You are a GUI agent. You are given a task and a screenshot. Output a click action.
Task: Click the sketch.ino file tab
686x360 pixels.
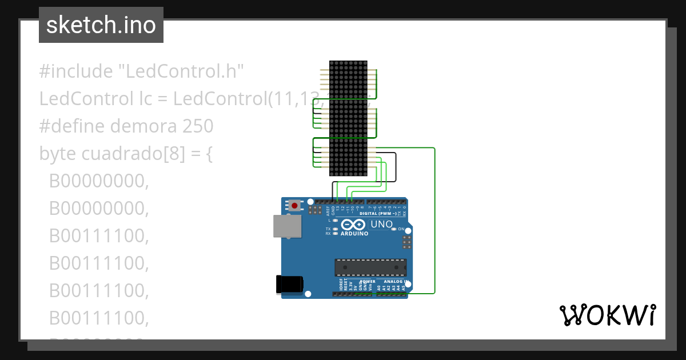point(101,25)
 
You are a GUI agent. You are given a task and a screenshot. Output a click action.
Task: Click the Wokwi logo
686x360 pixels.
point(607,315)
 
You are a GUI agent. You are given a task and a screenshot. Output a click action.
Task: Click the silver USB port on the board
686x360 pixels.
point(288,226)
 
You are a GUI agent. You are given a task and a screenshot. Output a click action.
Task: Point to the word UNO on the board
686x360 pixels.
point(382,225)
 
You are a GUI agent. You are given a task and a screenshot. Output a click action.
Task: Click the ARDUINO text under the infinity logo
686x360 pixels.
point(354,234)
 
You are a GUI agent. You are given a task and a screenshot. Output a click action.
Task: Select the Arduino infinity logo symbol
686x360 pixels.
point(354,225)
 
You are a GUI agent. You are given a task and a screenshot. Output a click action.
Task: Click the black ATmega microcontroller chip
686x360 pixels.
point(370,267)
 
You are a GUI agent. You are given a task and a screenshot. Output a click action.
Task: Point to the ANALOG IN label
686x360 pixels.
point(393,282)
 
